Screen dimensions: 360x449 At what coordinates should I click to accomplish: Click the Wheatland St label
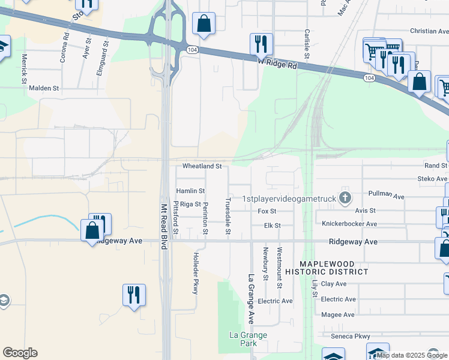click(x=202, y=166)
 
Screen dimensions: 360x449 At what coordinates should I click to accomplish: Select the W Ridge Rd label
click(x=277, y=63)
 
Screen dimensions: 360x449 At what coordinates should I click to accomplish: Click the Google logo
click(x=20, y=353)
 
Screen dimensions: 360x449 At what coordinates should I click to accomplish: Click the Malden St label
click(x=44, y=88)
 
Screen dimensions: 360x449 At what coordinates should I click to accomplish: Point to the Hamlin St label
click(x=190, y=191)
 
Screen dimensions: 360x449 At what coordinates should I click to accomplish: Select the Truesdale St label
click(x=228, y=216)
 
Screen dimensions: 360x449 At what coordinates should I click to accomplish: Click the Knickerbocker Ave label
click(x=349, y=224)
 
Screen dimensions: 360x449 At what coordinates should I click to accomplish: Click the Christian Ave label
click(x=429, y=31)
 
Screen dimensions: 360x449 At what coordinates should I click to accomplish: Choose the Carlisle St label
click(x=307, y=44)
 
